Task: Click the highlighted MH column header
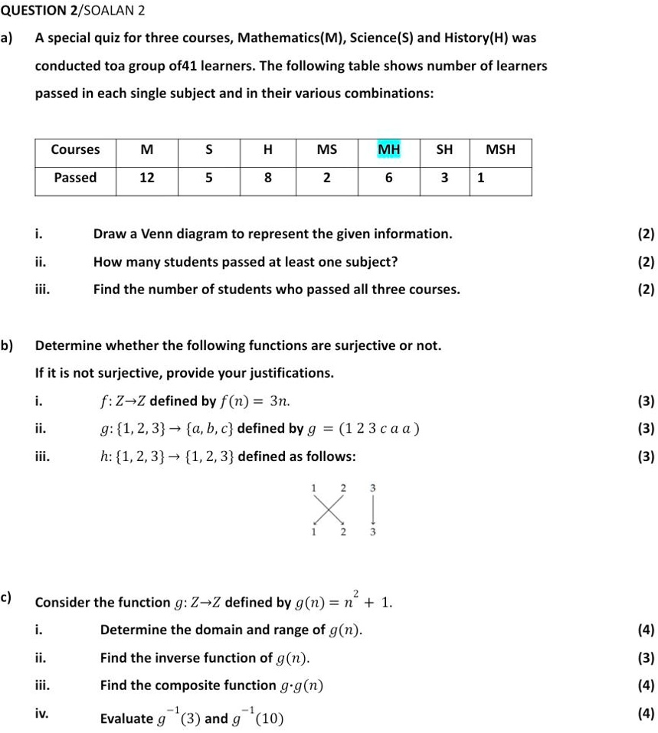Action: coord(388,149)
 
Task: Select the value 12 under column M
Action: coord(146,178)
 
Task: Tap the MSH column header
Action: coord(501,149)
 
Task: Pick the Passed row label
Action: coord(75,178)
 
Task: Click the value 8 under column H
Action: coord(267,178)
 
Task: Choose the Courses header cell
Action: coord(75,149)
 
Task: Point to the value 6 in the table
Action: coord(388,178)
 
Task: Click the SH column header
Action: coord(444,149)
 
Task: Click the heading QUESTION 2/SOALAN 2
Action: coord(72,11)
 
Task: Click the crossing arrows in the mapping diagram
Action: coord(328,507)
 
